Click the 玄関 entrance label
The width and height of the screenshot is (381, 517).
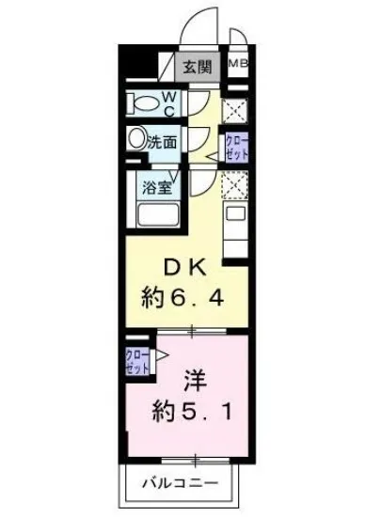(198, 67)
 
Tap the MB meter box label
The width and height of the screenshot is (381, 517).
(237, 65)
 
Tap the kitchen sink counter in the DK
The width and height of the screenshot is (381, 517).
(235, 226)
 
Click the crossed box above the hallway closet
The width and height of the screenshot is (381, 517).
(236, 110)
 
